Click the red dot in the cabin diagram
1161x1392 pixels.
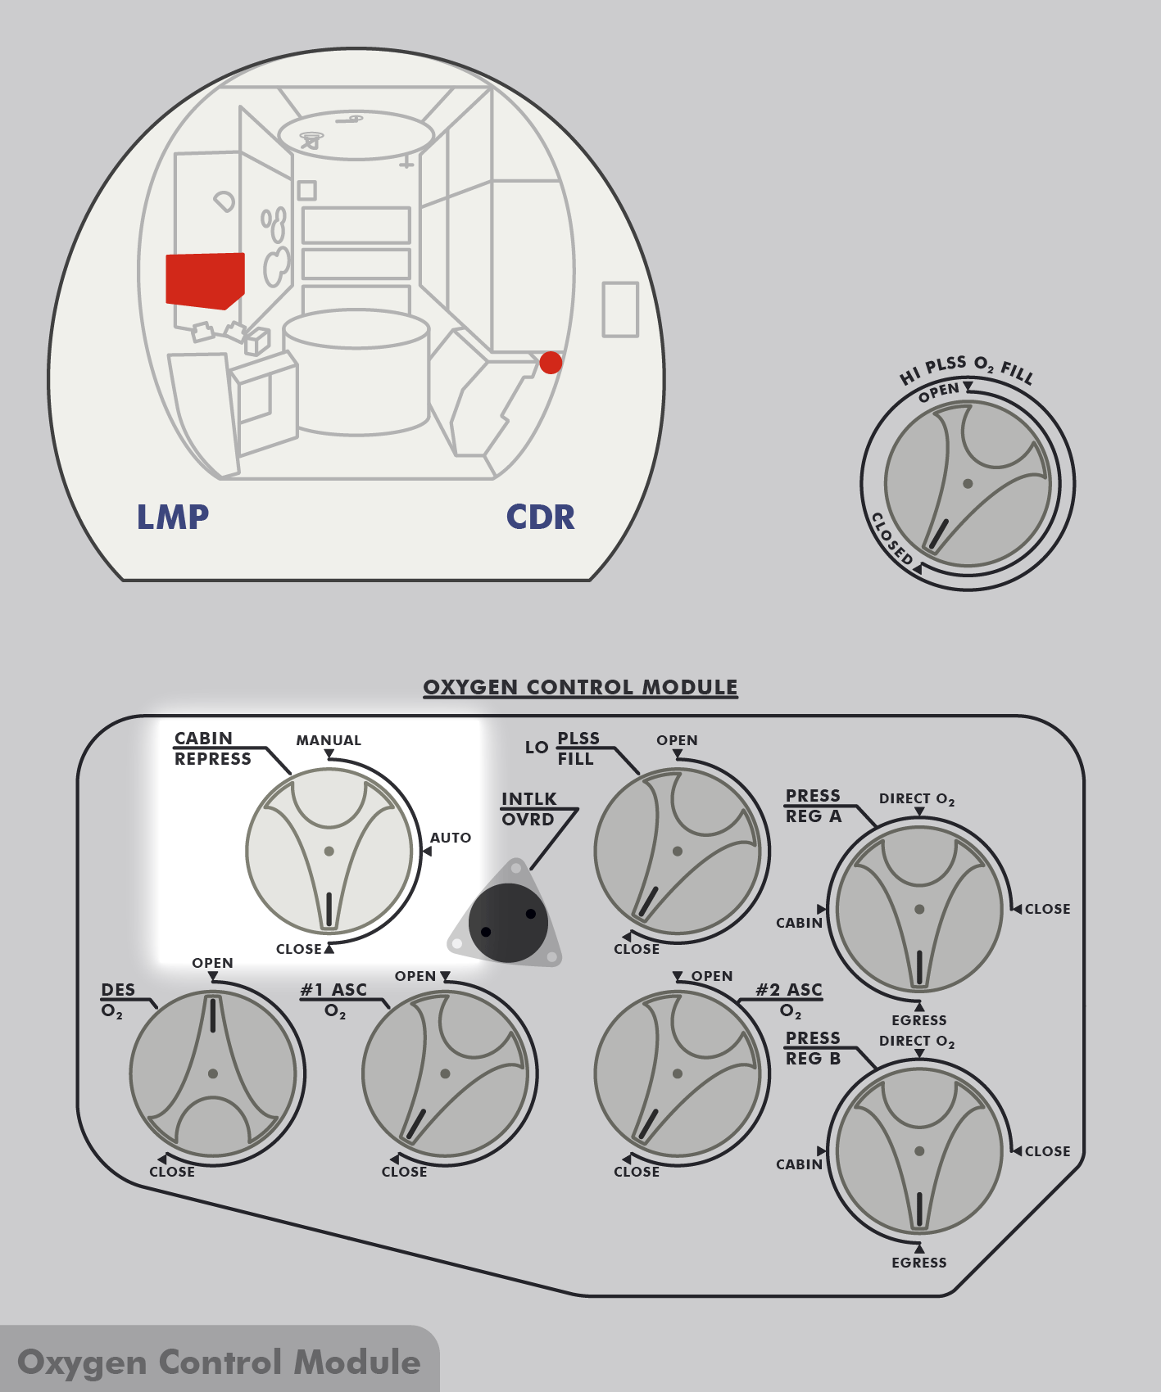(x=551, y=362)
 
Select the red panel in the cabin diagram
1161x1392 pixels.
(x=205, y=280)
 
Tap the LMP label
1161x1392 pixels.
(x=173, y=517)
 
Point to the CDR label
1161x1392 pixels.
(x=540, y=517)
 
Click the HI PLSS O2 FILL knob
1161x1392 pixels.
(x=968, y=484)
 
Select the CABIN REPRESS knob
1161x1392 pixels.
(x=329, y=852)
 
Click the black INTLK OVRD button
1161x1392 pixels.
(x=508, y=923)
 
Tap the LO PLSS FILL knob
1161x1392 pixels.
(x=677, y=852)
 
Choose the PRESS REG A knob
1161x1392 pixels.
(x=918, y=909)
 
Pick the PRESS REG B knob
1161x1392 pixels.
(x=918, y=1150)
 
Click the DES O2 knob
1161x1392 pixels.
(x=213, y=1073)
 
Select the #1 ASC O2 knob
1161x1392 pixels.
(x=445, y=1073)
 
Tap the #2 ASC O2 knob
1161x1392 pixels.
(x=677, y=1073)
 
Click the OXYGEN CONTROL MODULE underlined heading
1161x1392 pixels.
(x=580, y=687)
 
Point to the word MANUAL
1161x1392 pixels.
(x=329, y=740)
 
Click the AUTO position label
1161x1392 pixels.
(x=451, y=838)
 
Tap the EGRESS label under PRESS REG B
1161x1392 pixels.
(x=918, y=1263)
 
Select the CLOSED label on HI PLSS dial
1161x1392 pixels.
(x=891, y=539)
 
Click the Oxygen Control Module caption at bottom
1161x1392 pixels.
(x=219, y=1362)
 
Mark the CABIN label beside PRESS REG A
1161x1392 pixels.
(x=799, y=923)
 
